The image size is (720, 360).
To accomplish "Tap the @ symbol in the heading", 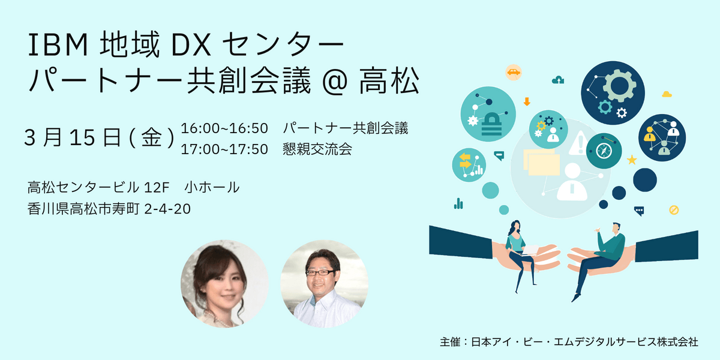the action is coord(335,82).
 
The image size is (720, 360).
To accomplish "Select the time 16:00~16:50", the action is coord(224,128).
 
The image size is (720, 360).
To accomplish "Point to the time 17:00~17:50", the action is coord(224,149).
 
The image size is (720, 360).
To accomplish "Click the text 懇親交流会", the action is coord(317,149).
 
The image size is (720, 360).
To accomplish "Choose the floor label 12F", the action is coord(157,188).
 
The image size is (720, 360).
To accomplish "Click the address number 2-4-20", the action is coord(167,209).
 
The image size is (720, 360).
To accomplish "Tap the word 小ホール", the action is coord(212,187).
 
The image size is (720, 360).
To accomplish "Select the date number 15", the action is coord(82,138).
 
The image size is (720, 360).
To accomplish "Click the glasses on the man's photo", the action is coord(320,273).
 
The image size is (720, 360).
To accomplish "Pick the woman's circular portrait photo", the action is coord(224,284).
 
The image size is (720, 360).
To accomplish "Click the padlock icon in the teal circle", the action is coord(491,124).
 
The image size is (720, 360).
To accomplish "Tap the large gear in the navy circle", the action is coord(619,85).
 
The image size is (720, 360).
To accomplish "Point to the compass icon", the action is coord(604,151).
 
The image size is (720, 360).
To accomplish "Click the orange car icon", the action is coord(514,72).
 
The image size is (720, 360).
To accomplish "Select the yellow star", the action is coord(632,160).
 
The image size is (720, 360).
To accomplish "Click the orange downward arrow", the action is coord(527,101).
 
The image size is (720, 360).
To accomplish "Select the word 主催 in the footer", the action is coord(450,342).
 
